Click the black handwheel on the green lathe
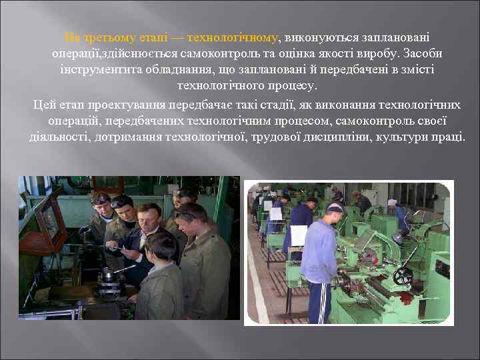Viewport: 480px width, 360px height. click(x=403, y=276)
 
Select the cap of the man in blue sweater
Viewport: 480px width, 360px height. click(x=335, y=209)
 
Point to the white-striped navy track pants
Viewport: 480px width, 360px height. click(x=318, y=302)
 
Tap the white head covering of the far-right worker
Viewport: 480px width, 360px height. click(x=393, y=202)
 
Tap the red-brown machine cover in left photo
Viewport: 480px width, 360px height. click(x=51, y=213)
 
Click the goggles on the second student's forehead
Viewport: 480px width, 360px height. click(x=120, y=202)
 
